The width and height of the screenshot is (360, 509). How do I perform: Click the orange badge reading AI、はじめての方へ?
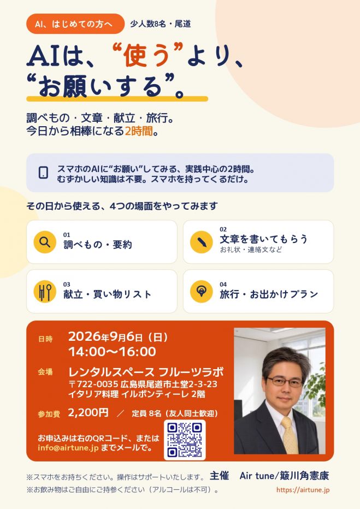(75, 23)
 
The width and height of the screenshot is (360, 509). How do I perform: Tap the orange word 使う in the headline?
(147, 55)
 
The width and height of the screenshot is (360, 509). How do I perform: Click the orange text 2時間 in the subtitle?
(139, 131)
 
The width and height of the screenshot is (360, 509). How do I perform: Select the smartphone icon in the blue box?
(43, 173)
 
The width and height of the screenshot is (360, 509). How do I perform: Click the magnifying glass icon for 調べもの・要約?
(45, 242)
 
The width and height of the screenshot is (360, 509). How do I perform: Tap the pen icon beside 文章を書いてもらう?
(201, 242)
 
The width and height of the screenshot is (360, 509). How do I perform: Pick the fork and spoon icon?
(45, 292)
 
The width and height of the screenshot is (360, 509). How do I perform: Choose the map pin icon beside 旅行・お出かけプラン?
(201, 292)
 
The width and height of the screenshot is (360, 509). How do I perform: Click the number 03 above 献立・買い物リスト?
(67, 285)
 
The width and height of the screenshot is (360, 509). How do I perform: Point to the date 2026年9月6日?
(105, 337)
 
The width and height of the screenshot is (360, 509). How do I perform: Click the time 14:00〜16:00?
(113, 352)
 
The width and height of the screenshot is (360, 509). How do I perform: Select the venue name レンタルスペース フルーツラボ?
(146, 372)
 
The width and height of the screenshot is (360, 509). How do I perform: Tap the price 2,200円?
(88, 412)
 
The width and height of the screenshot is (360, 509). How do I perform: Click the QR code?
(185, 440)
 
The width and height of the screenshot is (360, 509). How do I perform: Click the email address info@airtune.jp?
(68, 448)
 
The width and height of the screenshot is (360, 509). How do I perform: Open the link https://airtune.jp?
(303, 490)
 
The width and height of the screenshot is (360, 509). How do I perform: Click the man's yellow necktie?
(290, 435)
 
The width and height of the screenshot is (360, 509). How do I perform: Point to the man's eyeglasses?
(285, 382)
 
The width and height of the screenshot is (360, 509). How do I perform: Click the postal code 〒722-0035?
(93, 384)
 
